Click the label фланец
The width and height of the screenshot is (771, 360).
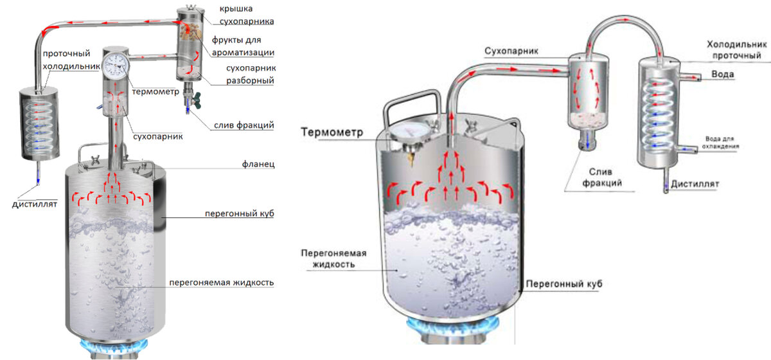(x=260, y=165)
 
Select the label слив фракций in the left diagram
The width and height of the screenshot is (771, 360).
(x=242, y=125)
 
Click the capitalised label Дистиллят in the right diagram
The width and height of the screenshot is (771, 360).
(x=695, y=184)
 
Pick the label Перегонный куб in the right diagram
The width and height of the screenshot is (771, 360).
(x=564, y=283)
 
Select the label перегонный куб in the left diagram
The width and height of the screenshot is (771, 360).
(x=240, y=213)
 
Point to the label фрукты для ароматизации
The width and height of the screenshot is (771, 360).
(x=244, y=46)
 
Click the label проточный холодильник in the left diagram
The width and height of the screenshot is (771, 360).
(x=71, y=60)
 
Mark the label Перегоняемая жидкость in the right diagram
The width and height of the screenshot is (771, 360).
(x=327, y=258)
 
